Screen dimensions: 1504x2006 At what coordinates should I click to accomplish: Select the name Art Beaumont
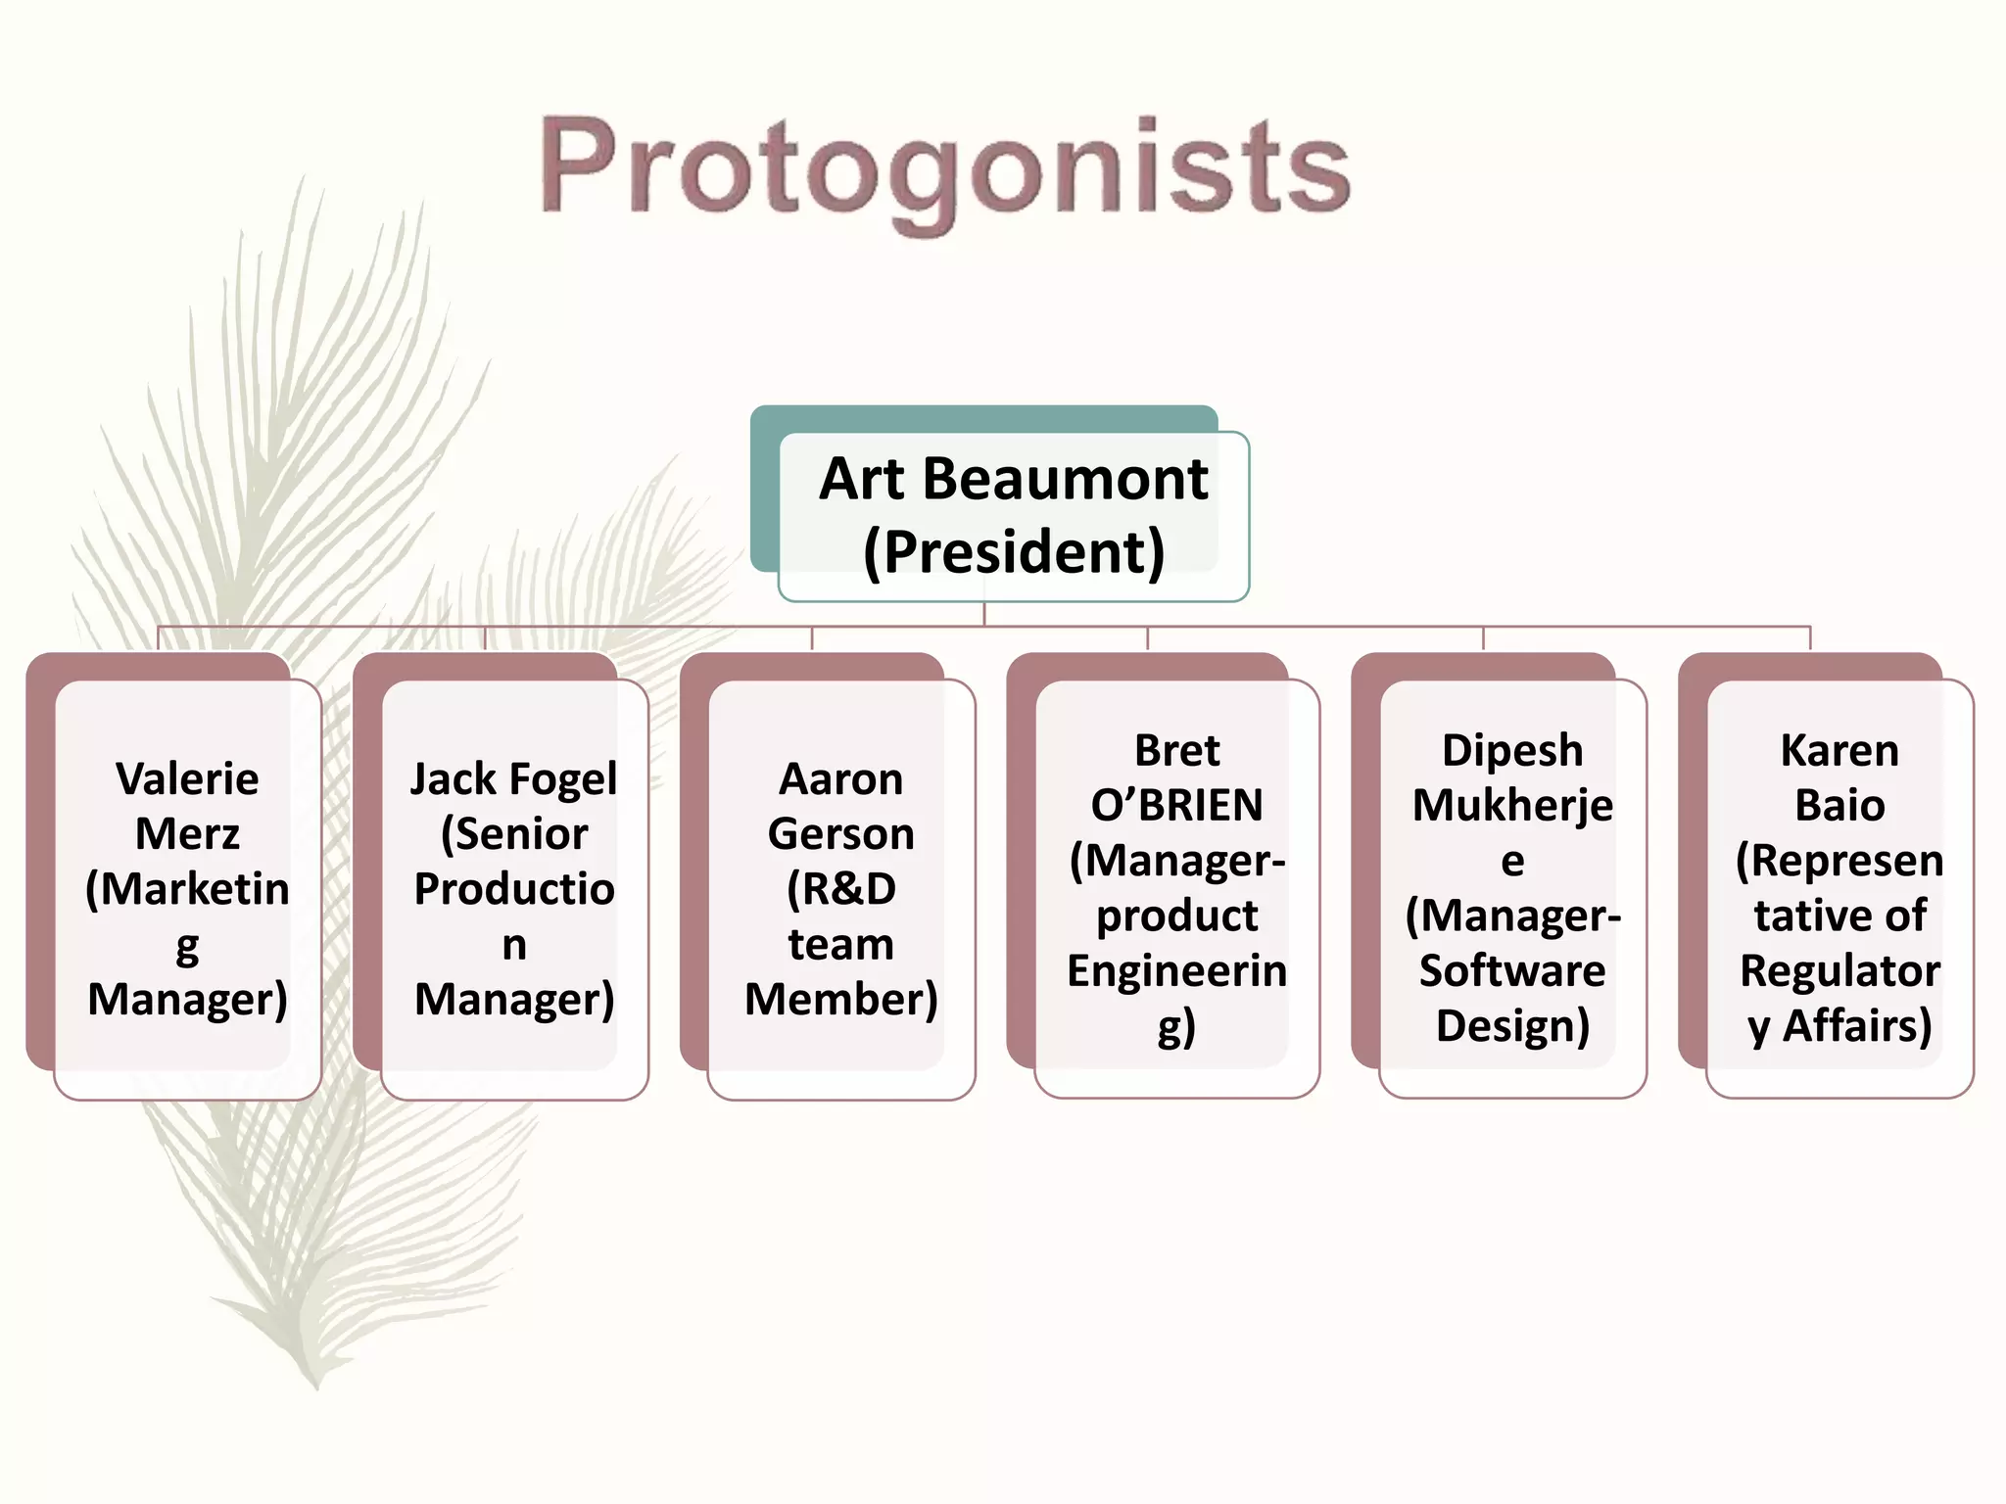pos(1013,480)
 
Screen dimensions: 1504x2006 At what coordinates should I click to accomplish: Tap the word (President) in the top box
pos(1013,552)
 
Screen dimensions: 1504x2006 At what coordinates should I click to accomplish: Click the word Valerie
pos(187,779)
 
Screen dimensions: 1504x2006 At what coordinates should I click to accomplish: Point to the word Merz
pos(187,834)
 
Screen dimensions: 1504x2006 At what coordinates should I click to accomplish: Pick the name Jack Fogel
pos(513,779)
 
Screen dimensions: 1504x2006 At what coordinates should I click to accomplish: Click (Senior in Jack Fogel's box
pos(513,834)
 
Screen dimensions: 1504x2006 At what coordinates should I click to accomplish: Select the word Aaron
pos(840,779)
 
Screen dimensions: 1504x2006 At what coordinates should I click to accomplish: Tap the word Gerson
pos(840,834)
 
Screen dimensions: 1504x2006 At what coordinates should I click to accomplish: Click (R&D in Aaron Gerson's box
pos(840,889)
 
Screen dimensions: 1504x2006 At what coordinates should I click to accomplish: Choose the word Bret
pos(1176,751)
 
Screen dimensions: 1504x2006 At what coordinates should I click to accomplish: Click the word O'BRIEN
pos(1176,806)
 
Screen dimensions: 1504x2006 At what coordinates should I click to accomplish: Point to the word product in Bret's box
pos(1176,916)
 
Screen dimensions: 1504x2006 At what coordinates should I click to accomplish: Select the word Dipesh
pos(1511,751)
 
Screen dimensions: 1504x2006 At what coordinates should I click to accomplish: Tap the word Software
pos(1511,970)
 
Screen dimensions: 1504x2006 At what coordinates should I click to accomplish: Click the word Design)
pos(1511,1026)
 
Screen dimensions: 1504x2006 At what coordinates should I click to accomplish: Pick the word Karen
pos(1839,751)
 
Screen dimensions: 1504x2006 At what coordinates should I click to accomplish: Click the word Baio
pos(1839,806)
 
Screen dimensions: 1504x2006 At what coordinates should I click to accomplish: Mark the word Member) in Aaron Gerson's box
pos(840,1000)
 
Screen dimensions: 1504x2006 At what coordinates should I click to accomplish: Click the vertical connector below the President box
pos(984,614)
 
